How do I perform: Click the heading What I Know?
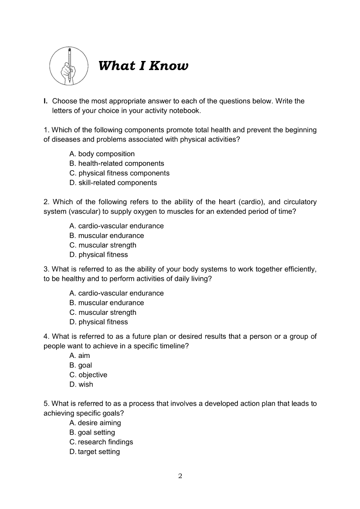[x=143, y=66]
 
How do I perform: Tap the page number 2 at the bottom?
[x=180, y=475]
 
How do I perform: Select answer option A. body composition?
[x=102, y=154]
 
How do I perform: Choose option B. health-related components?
[x=117, y=163]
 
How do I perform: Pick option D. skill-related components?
[x=113, y=182]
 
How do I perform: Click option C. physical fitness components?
[x=119, y=173]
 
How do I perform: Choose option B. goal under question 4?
[x=81, y=365]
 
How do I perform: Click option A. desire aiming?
[x=95, y=422]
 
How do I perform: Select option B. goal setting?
[x=92, y=432]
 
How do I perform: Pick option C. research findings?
[x=101, y=442]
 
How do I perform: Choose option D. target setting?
[x=95, y=452]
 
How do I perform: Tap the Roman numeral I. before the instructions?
[x=45, y=101]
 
